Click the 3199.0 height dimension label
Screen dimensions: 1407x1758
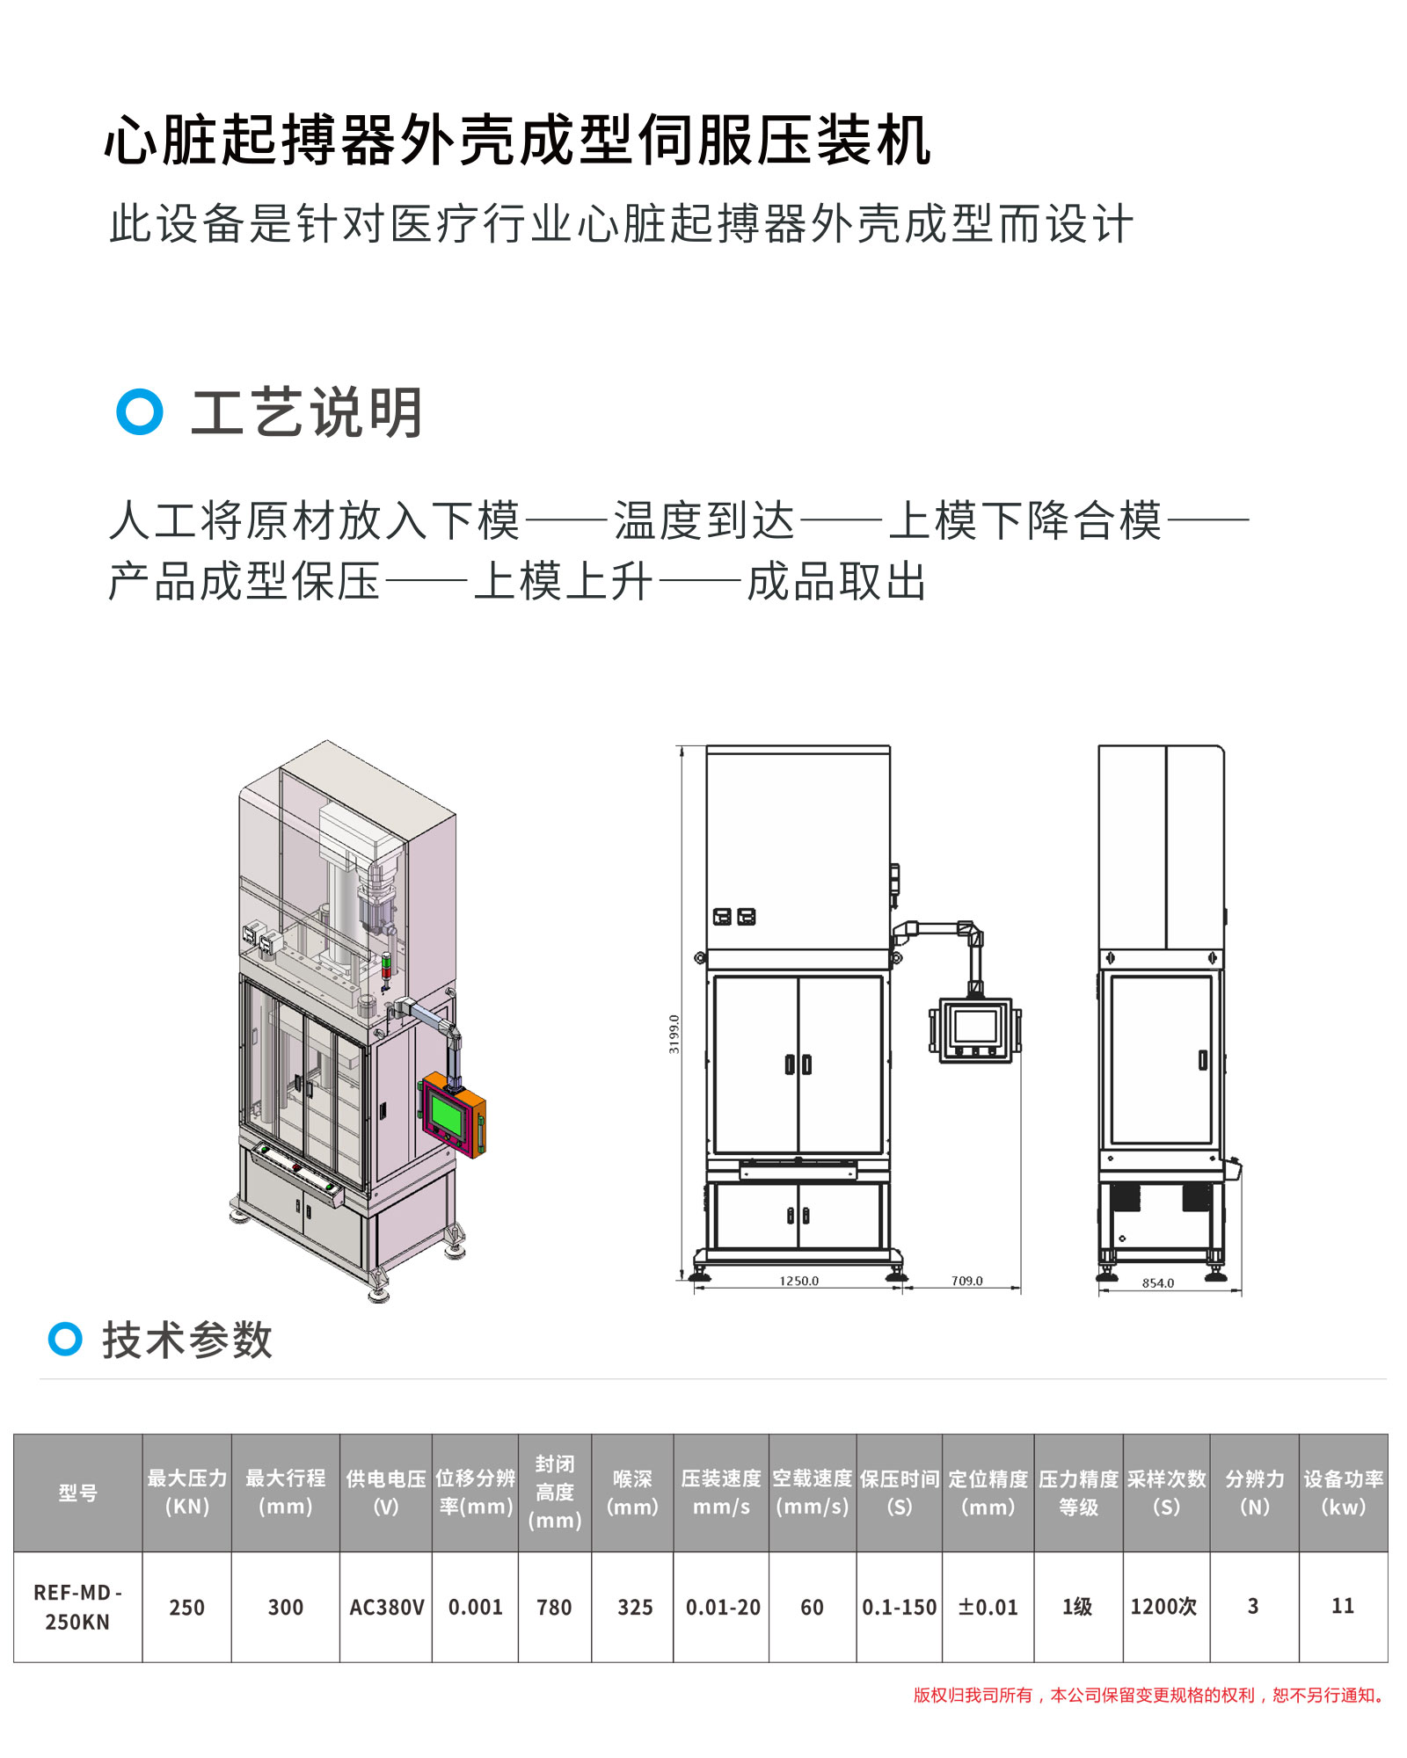click(x=674, y=1034)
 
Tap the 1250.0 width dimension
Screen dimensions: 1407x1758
click(x=798, y=1281)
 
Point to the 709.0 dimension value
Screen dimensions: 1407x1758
click(x=966, y=1281)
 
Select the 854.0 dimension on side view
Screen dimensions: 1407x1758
click(x=1158, y=1283)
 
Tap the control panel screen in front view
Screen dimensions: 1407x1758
click(x=975, y=1027)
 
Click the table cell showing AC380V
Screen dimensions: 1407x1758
click(x=386, y=1608)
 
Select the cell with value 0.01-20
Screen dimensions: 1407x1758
click(x=722, y=1608)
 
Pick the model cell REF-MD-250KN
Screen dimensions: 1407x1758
click(x=77, y=1608)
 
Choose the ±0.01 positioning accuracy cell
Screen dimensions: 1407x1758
click(x=988, y=1608)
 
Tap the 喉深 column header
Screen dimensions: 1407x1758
click(x=633, y=1493)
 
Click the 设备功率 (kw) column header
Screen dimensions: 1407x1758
click(x=1343, y=1493)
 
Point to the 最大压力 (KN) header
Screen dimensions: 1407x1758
click(x=187, y=1493)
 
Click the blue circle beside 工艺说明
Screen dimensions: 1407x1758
click(x=140, y=411)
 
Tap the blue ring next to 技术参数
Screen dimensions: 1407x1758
click(x=65, y=1339)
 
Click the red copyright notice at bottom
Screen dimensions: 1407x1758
click(x=1150, y=1695)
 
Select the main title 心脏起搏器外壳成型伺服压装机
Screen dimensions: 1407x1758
click(x=518, y=141)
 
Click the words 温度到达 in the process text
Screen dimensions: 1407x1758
click(x=703, y=520)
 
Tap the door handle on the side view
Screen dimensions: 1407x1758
click(x=1203, y=1060)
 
